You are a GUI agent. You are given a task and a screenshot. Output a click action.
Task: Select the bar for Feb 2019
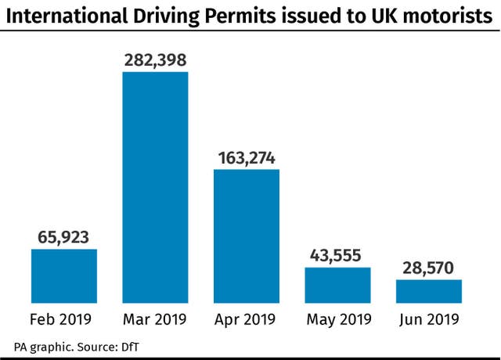64,275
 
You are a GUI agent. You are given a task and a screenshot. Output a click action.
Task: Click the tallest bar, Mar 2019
155,187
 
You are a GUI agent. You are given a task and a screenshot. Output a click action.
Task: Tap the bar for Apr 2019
246,236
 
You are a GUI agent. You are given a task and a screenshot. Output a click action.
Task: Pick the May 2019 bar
337,285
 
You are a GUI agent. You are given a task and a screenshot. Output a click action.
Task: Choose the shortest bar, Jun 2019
428,290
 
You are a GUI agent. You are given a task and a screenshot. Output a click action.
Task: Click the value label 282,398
155,59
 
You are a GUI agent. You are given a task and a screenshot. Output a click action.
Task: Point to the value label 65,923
64,236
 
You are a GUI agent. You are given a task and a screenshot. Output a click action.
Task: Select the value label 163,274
246,157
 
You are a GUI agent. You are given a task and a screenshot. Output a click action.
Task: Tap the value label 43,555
337,254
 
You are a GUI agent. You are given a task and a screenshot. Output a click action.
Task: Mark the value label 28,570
428,267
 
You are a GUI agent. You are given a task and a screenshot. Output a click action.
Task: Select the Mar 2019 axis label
155,319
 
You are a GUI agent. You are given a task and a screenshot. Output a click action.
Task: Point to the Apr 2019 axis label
246,319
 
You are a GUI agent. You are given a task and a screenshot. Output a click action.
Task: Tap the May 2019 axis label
337,319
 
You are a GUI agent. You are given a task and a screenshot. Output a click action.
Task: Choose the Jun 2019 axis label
428,319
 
